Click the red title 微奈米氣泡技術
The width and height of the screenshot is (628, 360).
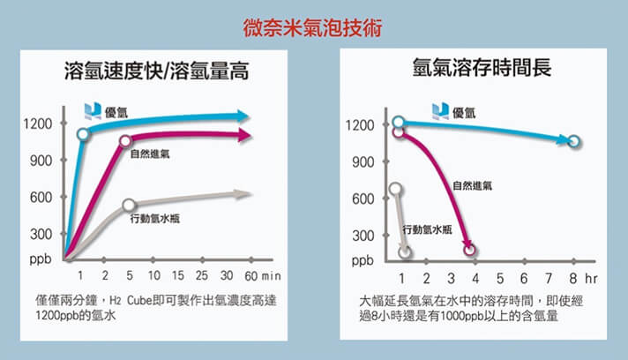[313, 26]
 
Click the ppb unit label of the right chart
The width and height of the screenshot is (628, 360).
[361, 261]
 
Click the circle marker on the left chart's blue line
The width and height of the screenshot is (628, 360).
[83, 134]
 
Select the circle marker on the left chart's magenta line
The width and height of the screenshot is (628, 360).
[125, 140]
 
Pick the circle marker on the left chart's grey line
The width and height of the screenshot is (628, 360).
[129, 206]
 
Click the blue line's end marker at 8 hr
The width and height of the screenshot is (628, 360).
[573, 141]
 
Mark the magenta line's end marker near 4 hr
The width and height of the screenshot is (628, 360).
[469, 250]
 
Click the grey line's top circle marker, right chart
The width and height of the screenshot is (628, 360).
[396, 188]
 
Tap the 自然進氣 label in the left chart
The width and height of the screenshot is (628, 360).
[151, 154]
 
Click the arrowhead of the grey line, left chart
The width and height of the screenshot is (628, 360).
[246, 194]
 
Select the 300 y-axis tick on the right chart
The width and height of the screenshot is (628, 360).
[361, 236]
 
